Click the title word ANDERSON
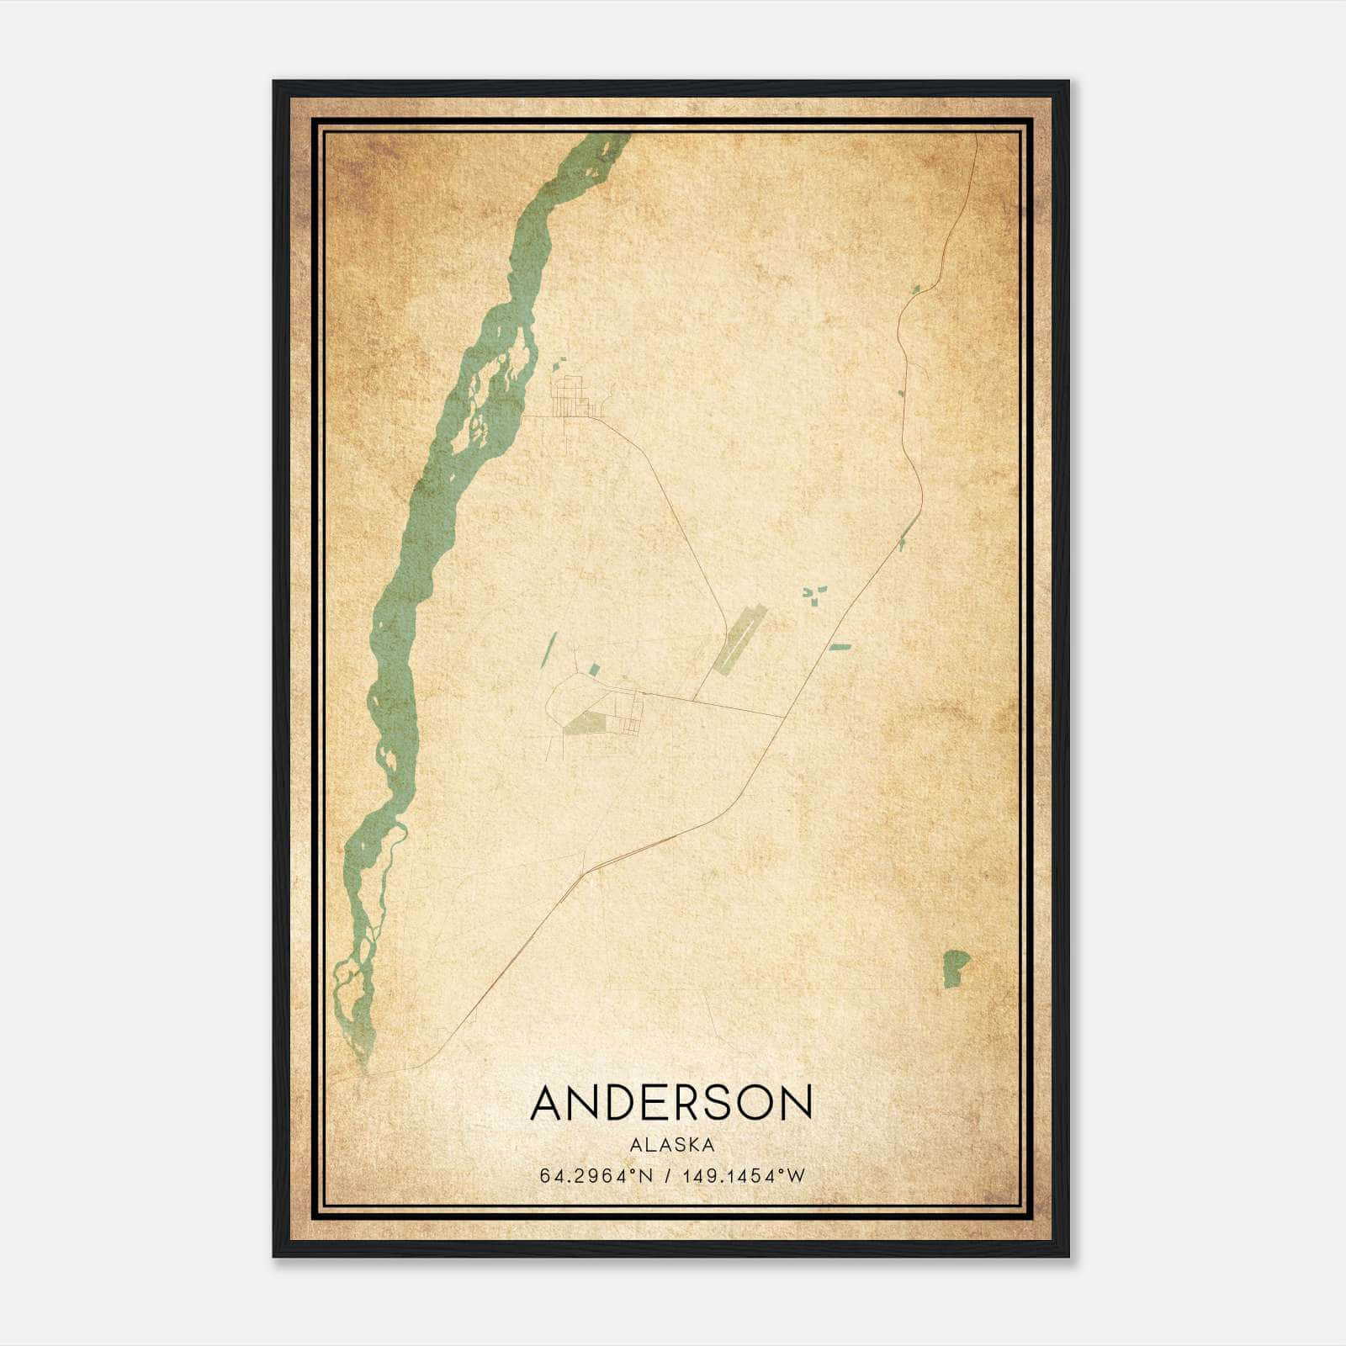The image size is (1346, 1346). click(671, 1103)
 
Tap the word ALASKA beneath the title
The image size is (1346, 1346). click(671, 1145)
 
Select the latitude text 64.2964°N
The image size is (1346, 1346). click(596, 1176)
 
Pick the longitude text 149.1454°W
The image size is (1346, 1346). click(744, 1176)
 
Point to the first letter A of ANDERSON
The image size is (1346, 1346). click(547, 1103)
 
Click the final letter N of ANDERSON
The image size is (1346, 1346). click(796, 1103)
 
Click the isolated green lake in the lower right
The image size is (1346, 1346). click(954, 967)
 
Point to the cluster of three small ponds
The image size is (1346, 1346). click(812, 594)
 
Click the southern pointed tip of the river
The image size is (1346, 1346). click(366, 1068)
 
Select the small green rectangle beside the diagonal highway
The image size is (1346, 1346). click(840, 647)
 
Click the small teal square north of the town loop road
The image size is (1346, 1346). click(594, 670)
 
